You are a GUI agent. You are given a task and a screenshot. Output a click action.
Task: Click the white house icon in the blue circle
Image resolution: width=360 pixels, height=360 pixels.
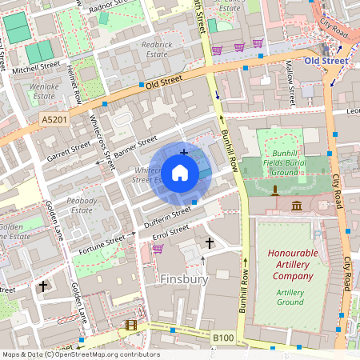click(x=180, y=172)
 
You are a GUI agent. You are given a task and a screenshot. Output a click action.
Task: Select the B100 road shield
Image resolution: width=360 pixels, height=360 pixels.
click(x=223, y=338)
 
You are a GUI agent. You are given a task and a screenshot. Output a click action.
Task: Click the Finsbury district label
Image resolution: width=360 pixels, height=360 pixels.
click(x=184, y=279)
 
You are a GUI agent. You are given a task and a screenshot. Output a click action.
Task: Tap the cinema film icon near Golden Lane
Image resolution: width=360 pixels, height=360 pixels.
click(x=131, y=326)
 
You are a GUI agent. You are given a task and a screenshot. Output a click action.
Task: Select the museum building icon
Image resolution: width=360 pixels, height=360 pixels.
click(x=298, y=206)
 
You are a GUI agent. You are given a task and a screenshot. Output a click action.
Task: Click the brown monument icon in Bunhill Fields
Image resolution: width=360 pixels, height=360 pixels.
click(x=274, y=190)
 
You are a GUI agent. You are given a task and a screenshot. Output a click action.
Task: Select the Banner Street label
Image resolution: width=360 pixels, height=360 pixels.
click(x=135, y=146)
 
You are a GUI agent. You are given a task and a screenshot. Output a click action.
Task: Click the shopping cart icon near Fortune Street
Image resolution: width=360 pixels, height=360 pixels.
click(x=158, y=249)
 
